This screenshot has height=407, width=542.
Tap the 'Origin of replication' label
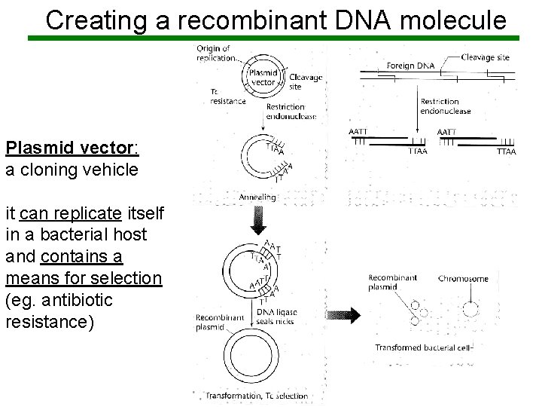point(215,54)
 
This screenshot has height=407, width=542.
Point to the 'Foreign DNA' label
point(410,66)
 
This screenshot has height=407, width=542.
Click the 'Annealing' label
point(257,197)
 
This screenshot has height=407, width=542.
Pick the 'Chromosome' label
point(463,279)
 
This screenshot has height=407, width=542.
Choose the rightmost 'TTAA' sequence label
point(506,151)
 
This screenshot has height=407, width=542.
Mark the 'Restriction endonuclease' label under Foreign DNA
point(445,106)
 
